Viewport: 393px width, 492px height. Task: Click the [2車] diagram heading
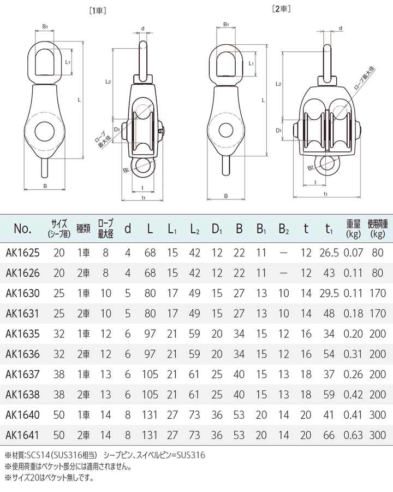pyautogui.click(x=280, y=9)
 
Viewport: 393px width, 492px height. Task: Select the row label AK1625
pyautogui.click(x=22, y=253)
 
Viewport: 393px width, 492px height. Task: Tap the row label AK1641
pyautogui.click(x=22, y=435)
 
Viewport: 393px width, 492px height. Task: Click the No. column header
pyautogui.click(x=22, y=228)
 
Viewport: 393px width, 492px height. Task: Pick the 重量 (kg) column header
pyautogui.click(x=354, y=228)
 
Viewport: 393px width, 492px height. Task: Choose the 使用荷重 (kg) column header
pyautogui.click(x=378, y=228)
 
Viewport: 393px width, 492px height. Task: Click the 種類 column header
pyautogui.click(x=84, y=228)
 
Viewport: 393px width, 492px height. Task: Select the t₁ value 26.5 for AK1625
pyautogui.click(x=329, y=253)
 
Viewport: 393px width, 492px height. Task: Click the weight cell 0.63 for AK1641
pyautogui.click(x=354, y=435)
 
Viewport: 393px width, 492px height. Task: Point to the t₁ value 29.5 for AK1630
pyautogui.click(x=329, y=294)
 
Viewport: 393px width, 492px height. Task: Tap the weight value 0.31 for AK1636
pyautogui.click(x=354, y=354)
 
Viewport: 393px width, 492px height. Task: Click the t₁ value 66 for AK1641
pyautogui.click(x=329, y=435)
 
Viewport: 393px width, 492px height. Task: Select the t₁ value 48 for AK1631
pyautogui.click(x=329, y=314)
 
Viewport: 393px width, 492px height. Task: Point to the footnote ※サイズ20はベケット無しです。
pyautogui.click(x=49, y=478)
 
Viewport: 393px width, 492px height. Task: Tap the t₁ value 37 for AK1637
pyautogui.click(x=329, y=374)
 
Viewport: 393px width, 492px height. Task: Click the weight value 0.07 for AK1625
pyautogui.click(x=354, y=253)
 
